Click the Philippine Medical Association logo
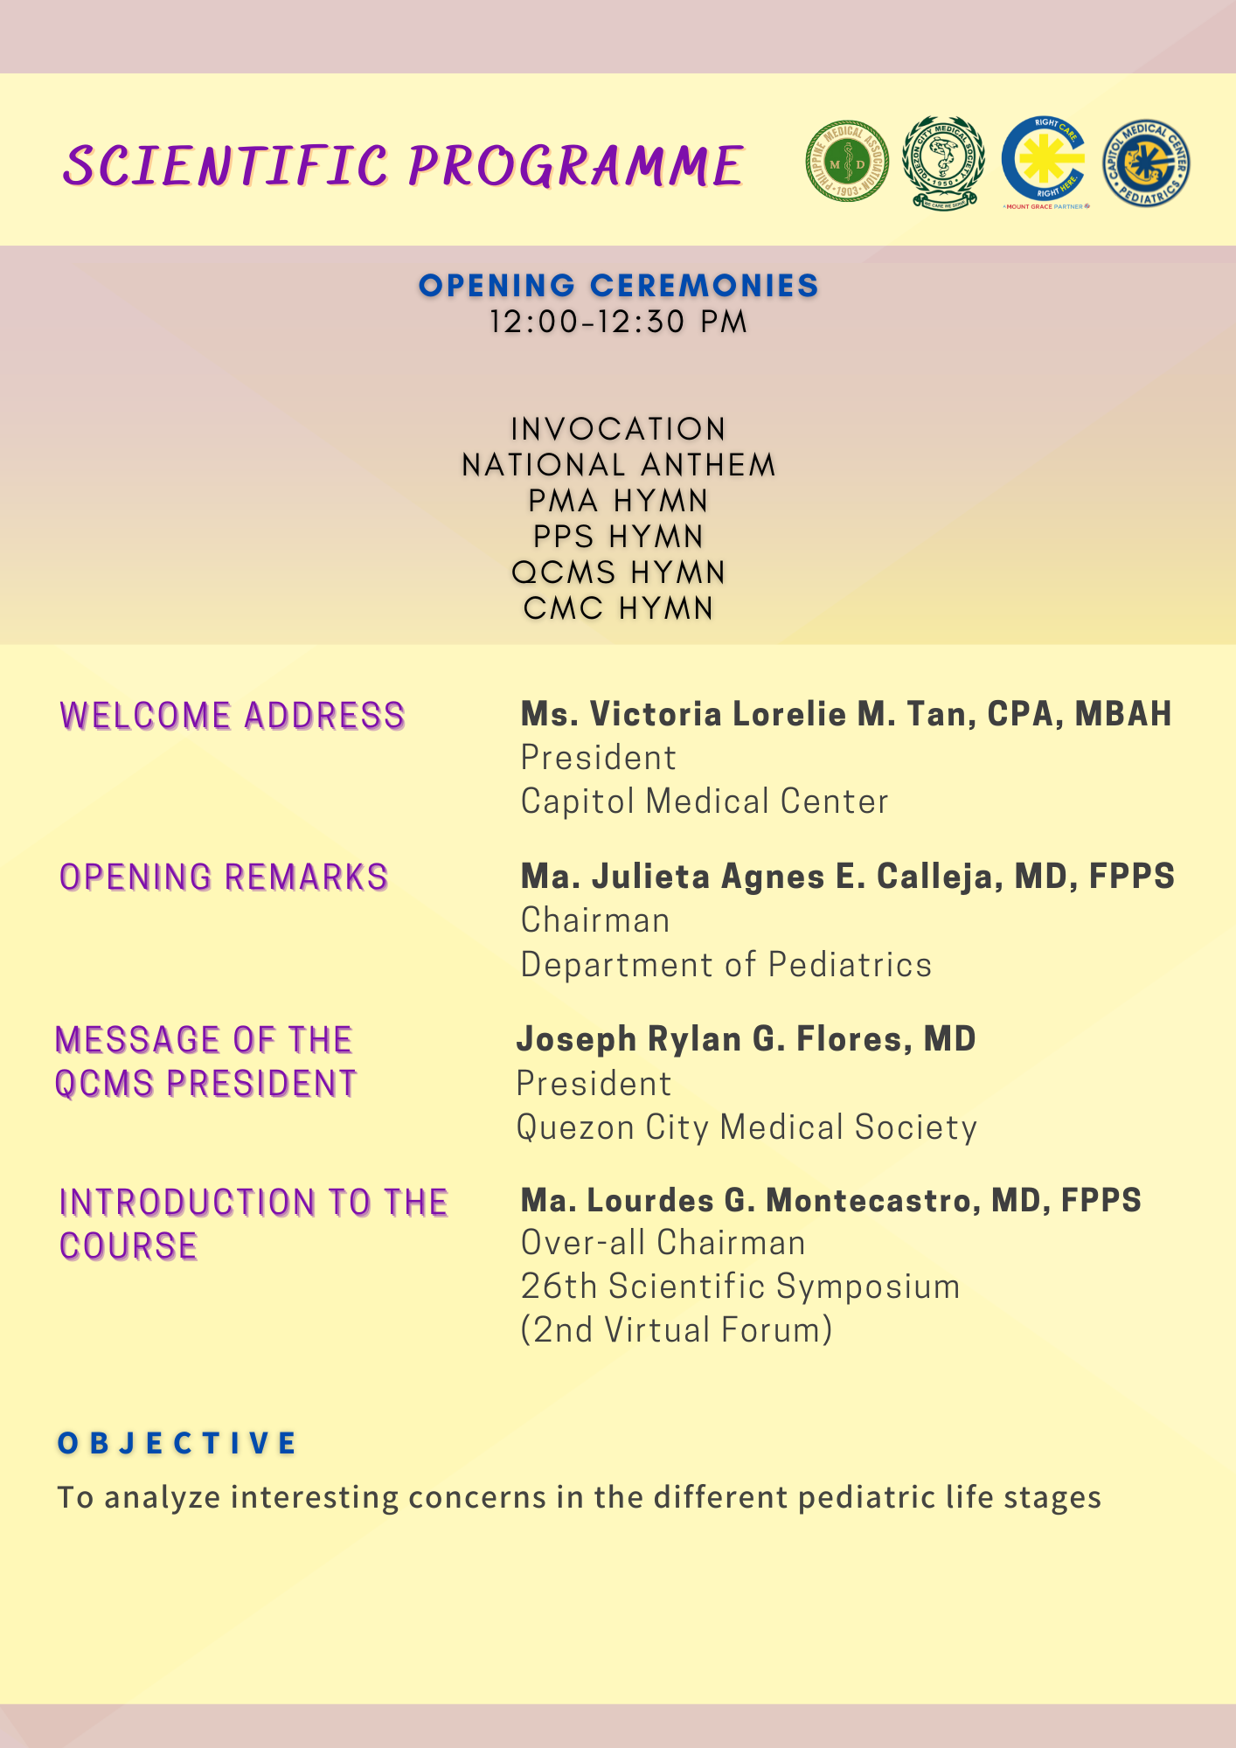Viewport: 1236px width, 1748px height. tap(846, 162)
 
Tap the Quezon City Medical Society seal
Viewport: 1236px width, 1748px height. tap(944, 162)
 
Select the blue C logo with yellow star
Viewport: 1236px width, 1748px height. tap(1045, 160)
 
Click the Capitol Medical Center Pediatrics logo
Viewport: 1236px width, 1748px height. tap(1146, 163)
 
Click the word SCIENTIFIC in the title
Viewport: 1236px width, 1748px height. tap(226, 166)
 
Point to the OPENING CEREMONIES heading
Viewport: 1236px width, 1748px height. tap(618, 286)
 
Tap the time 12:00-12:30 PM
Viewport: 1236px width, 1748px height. tap(618, 322)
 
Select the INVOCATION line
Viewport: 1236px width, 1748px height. tap(618, 429)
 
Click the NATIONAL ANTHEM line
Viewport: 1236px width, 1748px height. tap(618, 465)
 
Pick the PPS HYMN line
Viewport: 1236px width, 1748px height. tap(618, 537)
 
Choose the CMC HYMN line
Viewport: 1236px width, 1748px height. tap(618, 608)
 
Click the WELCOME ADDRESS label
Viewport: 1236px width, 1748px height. tap(233, 716)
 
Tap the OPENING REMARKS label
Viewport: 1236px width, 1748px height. tap(224, 877)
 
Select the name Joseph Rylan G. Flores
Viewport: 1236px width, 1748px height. tap(746, 1039)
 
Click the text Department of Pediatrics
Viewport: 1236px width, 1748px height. tap(726, 965)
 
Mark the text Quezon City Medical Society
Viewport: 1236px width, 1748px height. tap(746, 1127)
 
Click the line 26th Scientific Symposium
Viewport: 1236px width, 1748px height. tap(740, 1287)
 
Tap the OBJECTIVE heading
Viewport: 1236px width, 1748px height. tap(177, 1443)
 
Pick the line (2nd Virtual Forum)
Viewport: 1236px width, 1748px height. tap(677, 1330)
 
